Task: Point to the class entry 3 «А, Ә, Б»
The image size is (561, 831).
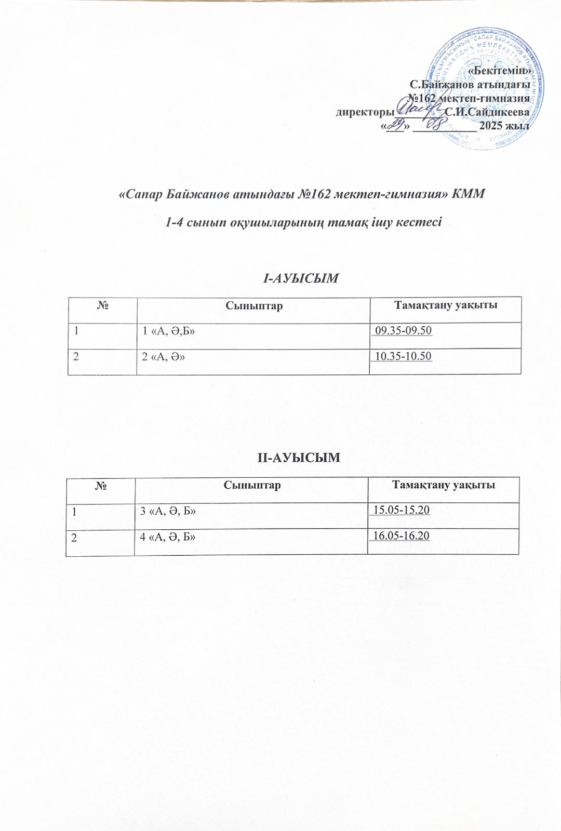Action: pyautogui.click(x=168, y=511)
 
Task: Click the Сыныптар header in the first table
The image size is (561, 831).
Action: pyautogui.click(x=254, y=305)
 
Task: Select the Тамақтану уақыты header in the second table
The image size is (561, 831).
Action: pyautogui.click(x=443, y=485)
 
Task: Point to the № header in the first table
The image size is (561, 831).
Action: pyautogui.click(x=102, y=305)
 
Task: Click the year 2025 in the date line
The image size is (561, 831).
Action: pyautogui.click(x=492, y=126)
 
